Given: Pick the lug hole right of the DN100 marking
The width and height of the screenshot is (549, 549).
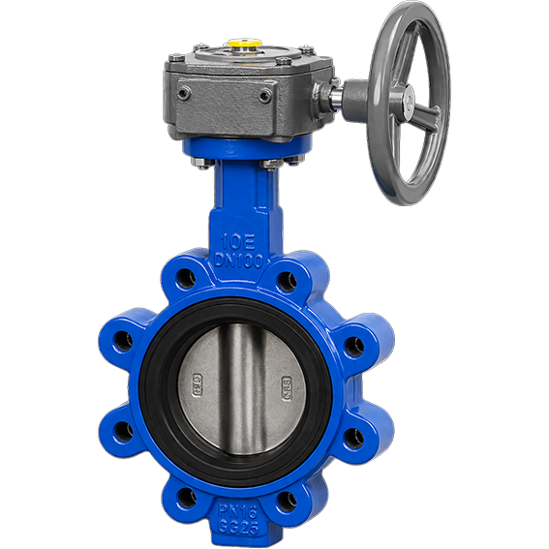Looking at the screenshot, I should coord(286,282).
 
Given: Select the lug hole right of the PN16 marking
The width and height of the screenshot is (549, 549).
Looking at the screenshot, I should coord(286,501).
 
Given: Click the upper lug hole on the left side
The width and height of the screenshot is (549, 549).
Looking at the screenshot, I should coord(122,340).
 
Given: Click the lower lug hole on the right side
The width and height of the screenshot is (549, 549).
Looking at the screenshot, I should coord(355,436).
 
